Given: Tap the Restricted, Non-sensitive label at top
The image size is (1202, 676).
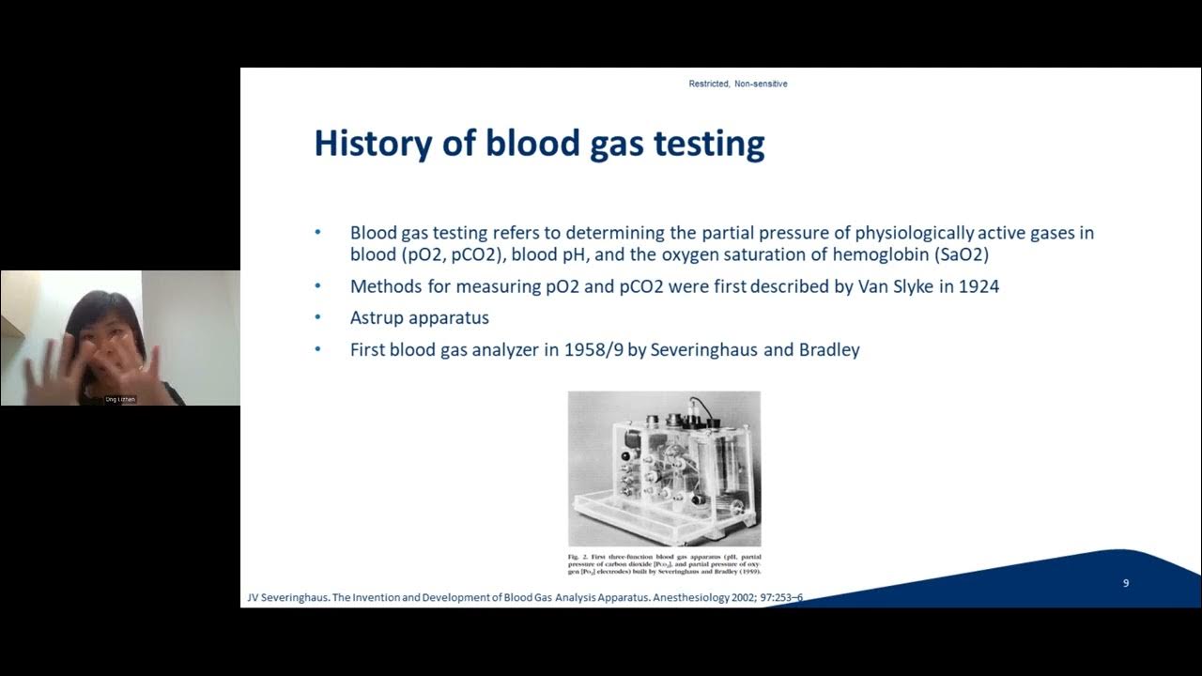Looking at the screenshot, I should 738,84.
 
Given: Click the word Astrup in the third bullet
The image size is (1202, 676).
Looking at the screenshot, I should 378,318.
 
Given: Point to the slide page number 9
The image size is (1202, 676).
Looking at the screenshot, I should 1126,583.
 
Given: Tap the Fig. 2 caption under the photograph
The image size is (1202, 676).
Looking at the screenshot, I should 664,563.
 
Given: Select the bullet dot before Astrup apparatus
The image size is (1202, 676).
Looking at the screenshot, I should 317,318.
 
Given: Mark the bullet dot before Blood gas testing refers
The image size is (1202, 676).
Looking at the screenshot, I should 317,233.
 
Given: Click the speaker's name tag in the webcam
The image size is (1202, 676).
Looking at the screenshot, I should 120,400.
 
